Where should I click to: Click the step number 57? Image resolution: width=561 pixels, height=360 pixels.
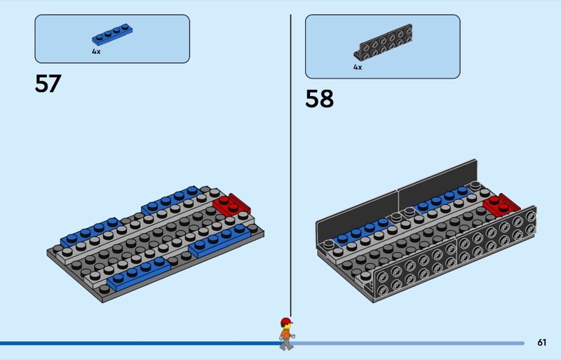48,84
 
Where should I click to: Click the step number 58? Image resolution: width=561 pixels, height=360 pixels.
319,98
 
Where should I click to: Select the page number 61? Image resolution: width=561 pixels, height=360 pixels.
541,342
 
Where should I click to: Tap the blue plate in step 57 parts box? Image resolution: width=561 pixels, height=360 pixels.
112,34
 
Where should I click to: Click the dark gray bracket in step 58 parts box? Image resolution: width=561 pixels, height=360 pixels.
383,42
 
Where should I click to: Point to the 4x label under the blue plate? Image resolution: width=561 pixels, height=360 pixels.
96,52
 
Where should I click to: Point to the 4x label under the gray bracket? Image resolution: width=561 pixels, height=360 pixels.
358,67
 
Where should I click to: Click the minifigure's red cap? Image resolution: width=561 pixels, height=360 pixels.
286,321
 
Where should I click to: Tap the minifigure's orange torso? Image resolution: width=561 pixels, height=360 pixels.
286,334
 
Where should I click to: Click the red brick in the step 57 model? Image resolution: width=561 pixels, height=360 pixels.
231,204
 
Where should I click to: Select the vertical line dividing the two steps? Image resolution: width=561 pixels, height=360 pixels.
290,166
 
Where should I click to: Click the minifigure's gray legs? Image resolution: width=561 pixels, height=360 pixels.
286,344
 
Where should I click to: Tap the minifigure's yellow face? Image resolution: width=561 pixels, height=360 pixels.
285,326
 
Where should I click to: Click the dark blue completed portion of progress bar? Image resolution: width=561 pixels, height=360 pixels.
140,343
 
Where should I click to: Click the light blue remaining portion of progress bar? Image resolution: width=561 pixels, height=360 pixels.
409,343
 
